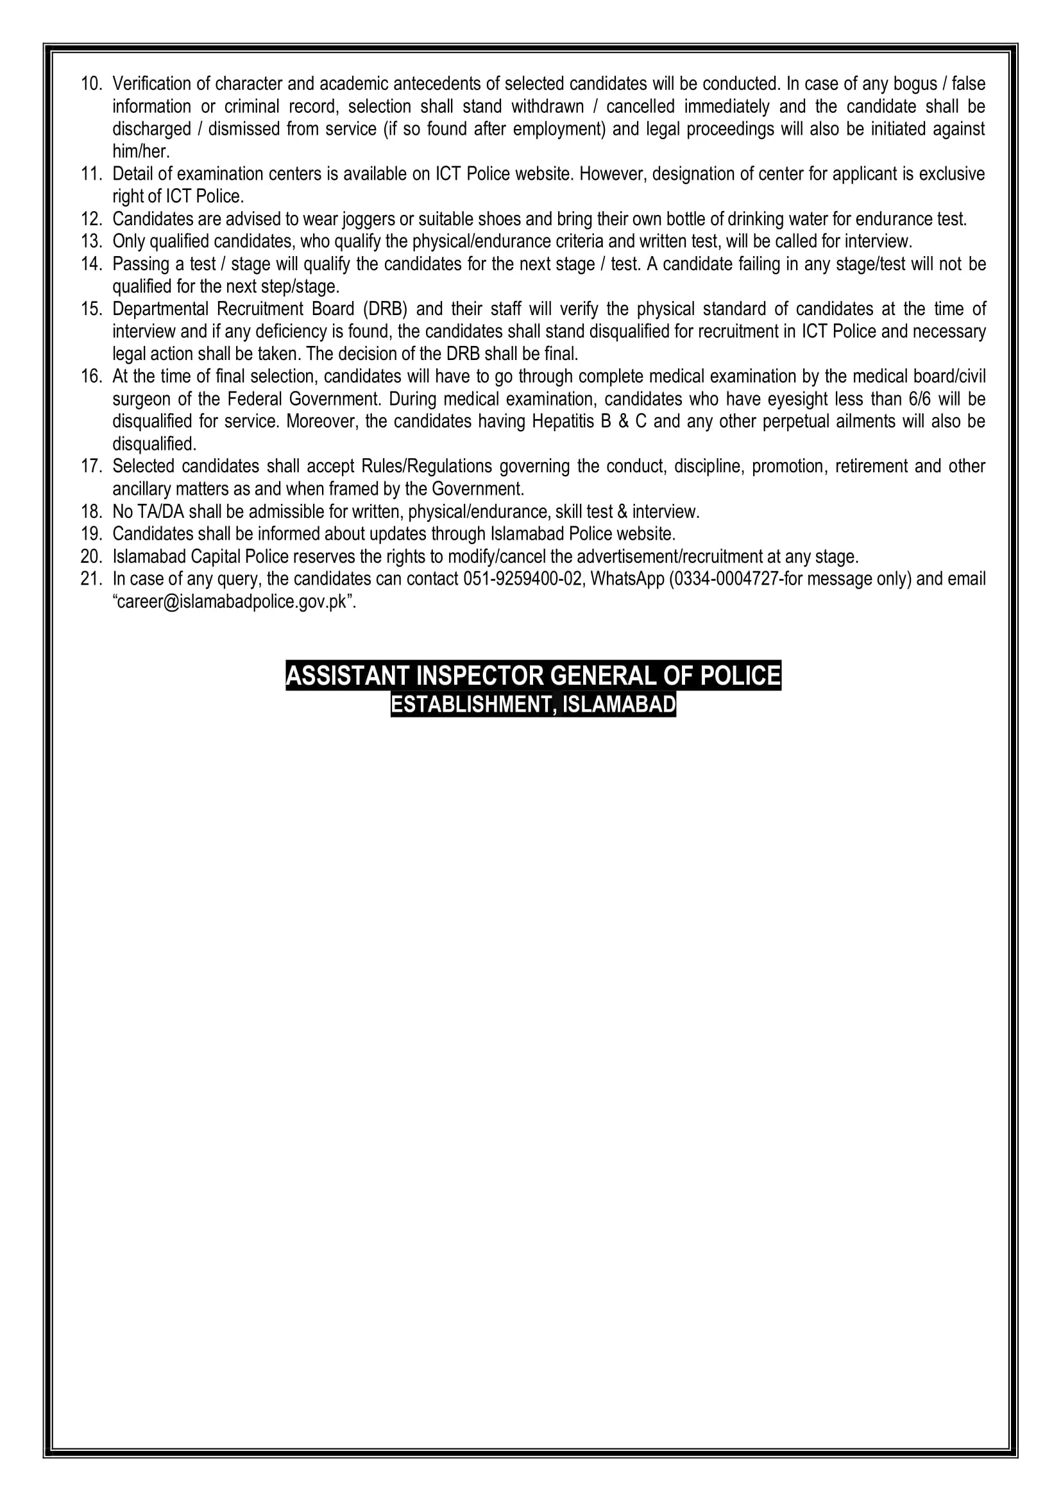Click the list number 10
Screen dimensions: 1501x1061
pyautogui.click(x=91, y=84)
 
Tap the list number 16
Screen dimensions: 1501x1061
pyautogui.click(x=91, y=377)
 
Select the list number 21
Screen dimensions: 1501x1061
pyautogui.click(x=91, y=579)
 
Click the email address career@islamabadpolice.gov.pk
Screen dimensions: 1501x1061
pyautogui.click(x=234, y=602)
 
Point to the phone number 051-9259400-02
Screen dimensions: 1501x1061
pyautogui.click(x=522, y=579)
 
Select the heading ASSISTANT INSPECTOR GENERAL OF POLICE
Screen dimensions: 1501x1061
pyautogui.click(x=533, y=675)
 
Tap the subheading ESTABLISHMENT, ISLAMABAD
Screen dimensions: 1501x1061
pyautogui.click(x=533, y=705)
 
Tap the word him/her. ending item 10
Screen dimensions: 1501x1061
pyautogui.click(x=140, y=151)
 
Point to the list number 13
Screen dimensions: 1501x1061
pyautogui.click(x=91, y=242)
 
